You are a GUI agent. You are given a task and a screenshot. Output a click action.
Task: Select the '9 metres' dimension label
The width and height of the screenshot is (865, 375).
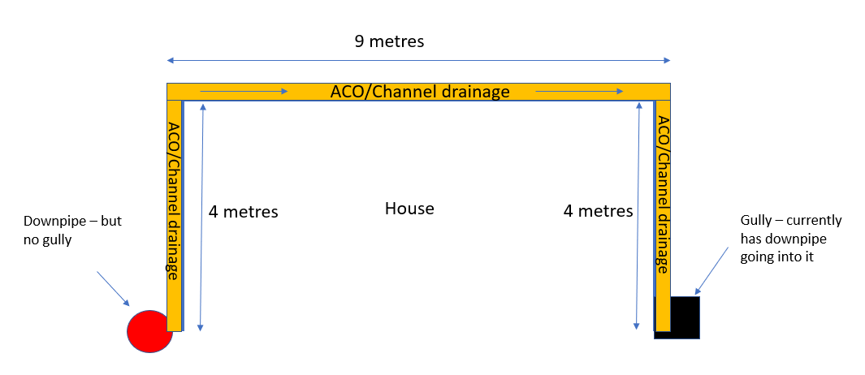pos(389,41)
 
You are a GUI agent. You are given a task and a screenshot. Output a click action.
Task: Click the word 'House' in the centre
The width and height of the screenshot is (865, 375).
pos(409,209)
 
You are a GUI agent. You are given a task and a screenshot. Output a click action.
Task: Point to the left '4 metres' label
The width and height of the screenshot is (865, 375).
pos(244,212)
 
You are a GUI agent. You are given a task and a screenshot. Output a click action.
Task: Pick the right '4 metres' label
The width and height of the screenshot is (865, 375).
pos(598,211)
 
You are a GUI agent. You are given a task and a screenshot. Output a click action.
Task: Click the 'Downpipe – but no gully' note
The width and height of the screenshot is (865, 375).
pos(72,231)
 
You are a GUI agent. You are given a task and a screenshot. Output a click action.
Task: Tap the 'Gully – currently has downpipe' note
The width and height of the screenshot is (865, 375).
pos(791,239)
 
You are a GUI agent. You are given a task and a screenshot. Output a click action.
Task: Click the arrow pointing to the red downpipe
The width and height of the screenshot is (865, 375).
pos(113,288)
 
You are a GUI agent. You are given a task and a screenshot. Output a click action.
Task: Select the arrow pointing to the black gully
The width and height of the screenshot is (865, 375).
pos(711,269)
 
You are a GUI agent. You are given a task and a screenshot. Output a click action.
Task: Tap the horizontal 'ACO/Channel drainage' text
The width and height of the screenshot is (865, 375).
pos(419,92)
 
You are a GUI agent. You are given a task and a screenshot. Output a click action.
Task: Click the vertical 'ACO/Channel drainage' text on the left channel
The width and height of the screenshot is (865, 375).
pos(174,200)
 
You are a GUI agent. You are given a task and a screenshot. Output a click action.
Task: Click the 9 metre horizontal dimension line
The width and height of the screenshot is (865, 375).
pos(419,60)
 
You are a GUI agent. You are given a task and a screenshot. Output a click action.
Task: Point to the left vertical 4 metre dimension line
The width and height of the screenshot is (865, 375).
pos(201,217)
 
